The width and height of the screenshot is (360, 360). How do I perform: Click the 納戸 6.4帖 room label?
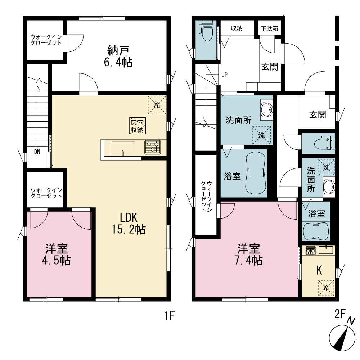[x=118, y=57]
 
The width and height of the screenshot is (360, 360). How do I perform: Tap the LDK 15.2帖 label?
[x=129, y=223]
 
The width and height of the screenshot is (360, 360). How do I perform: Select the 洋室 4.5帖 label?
[x=56, y=255]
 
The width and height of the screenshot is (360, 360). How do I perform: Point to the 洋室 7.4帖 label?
[x=249, y=255]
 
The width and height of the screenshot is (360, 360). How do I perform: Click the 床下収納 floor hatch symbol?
[x=137, y=126]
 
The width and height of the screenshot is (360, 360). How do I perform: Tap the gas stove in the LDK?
[x=152, y=147]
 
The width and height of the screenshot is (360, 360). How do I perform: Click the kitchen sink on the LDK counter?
[x=123, y=148]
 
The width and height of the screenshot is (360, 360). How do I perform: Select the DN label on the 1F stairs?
[x=37, y=152]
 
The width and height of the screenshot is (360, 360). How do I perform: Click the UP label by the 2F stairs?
[x=224, y=75]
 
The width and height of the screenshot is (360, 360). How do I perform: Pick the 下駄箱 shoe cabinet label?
[x=269, y=28]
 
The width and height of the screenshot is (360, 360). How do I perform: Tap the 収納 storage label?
[x=237, y=28]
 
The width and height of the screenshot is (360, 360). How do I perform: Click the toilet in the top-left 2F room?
[x=207, y=31]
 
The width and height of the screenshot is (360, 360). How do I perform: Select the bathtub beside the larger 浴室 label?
[x=256, y=173]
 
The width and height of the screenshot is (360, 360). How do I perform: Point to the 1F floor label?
[x=170, y=315]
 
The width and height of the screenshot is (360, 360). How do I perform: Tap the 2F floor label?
[x=340, y=314]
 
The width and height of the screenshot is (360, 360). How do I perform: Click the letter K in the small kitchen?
[x=319, y=270]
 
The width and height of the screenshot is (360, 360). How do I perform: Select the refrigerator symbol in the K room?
[x=326, y=288]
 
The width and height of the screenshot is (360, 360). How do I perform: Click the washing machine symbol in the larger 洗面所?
[x=261, y=135]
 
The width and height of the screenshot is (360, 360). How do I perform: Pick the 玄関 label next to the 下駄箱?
[x=270, y=67]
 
